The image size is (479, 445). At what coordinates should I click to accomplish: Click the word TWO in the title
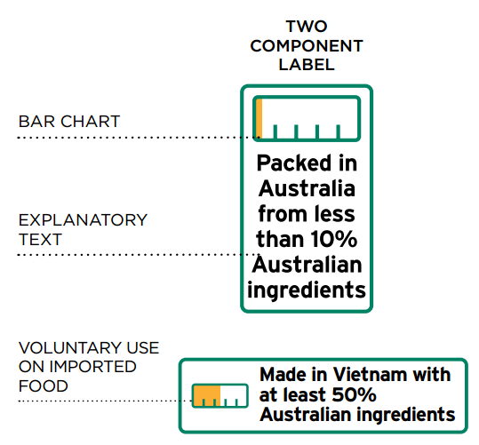pos(307,27)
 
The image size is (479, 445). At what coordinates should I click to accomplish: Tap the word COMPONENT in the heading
pos(307,46)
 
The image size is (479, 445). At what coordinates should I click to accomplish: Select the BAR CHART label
pos(69,122)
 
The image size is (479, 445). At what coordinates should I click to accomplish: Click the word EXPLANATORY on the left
pos(83,220)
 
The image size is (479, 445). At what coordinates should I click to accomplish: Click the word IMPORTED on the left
pos(92,367)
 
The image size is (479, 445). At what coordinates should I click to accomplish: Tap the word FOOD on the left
pos(43,386)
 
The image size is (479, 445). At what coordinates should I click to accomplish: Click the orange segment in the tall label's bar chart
pos(259,118)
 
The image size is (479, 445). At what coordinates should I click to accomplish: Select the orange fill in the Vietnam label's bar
pos(207,395)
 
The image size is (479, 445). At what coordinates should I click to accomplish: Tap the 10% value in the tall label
pos(334,239)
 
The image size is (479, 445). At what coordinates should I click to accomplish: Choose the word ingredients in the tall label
pos(307,290)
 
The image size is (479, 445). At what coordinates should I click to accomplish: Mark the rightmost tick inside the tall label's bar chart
pos(339,131)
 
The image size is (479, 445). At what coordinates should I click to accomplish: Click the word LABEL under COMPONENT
pos(307,65)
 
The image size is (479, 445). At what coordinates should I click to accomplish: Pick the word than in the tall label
pos(281,239)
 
